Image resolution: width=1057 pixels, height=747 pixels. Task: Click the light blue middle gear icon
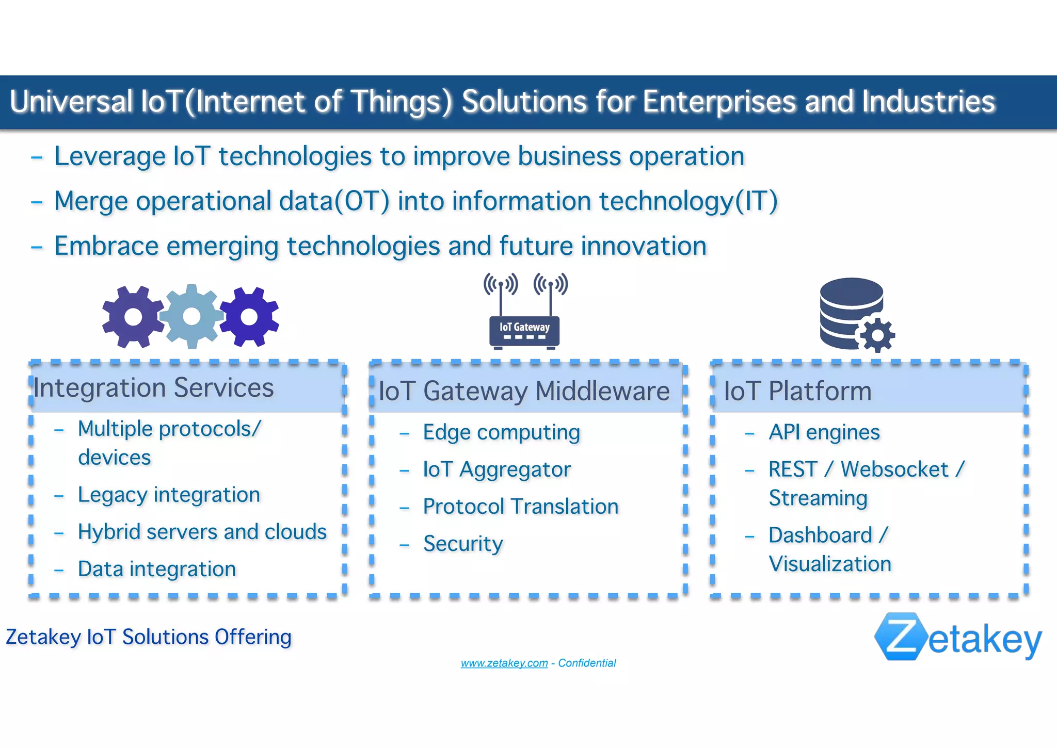pyautogui.click(x=191, y=316)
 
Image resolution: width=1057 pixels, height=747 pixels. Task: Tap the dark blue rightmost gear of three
pyautogui.click(x=249, y=317)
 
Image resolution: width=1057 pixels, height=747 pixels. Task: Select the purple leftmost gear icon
pyautogui.click(x=133, y=317)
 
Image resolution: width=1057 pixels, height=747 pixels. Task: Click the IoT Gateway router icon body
pyautogui.click(x=524, y=331)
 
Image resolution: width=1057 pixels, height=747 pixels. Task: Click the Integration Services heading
pyautogui.click(x=154, y=388)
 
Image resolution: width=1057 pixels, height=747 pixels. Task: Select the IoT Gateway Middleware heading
pyautogui.click(x=524, y=391)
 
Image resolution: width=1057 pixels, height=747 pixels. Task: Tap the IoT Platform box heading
pyautogui.click(x=797, y=391)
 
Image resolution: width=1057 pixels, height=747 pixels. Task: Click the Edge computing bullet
pyautogui.click(x=501, y=432)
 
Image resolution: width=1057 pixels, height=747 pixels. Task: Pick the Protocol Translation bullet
pyautogui.click(x=520, y=507)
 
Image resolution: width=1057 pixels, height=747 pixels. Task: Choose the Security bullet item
pyautogui.click(x=463, y=544)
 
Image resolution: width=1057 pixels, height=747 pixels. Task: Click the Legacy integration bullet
pyautogui.click(x=169, y=495)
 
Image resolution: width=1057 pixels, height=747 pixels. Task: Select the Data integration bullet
pyautogui.click(x=157, y=569)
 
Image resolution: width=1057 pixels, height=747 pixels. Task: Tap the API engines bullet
pyautogui.click(x=824, y=432)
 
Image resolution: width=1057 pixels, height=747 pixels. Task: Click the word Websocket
pyautogui.click(x=894, y=469)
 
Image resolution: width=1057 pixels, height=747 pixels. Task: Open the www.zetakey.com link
pyautogui.click(x=504, y=663)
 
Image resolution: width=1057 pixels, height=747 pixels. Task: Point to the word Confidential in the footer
pyautogui.click(x=587, y=663)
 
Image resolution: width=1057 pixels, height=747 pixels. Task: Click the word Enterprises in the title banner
pyautogui.click(x=719, y=102)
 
